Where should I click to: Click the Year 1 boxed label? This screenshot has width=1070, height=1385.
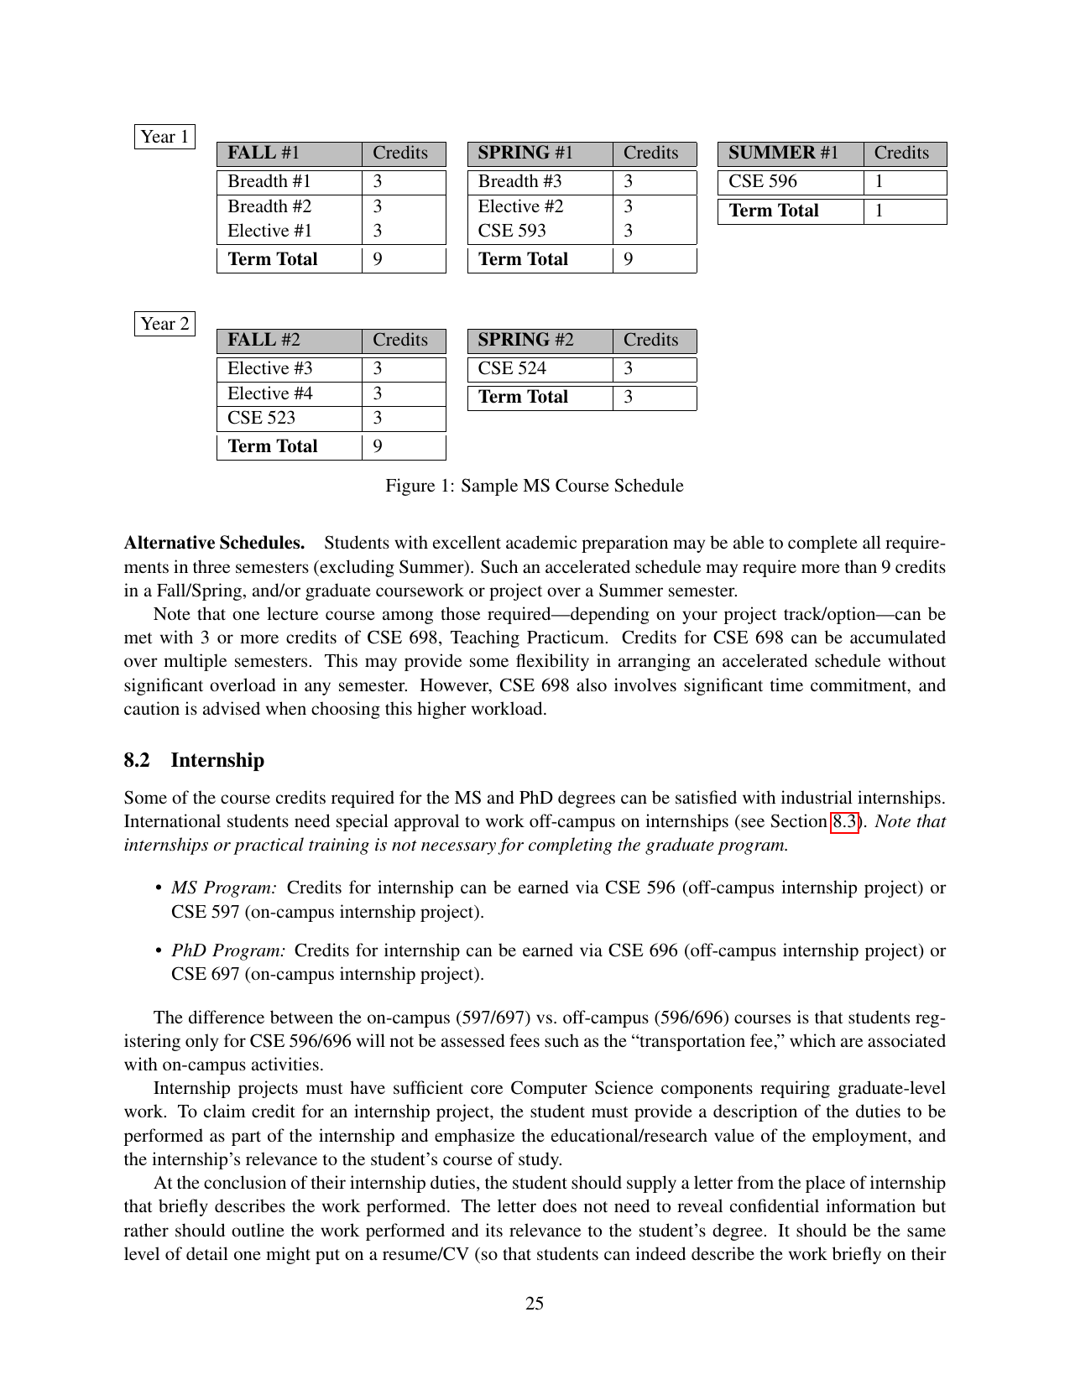point(164,137)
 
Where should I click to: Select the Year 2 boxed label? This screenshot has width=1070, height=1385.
point(164,324)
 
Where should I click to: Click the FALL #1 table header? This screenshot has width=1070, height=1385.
point(264,154)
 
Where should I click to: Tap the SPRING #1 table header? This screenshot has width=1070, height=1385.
point(525,154)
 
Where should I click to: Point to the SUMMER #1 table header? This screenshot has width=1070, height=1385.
point(783,154)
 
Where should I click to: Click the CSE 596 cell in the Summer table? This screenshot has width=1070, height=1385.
point(763,182)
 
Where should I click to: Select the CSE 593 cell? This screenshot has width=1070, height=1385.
point(512,231)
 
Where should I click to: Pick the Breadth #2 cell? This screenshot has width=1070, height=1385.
point(269,206)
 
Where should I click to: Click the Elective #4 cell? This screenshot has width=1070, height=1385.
point(270,393)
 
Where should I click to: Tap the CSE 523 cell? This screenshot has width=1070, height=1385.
point(261,418)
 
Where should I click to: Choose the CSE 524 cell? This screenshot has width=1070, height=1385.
point(512,369)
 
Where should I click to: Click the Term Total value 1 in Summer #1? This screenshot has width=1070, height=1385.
point(879,211)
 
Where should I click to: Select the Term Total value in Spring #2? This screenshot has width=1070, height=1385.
point(629,398)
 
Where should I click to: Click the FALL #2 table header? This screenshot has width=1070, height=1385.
point(264,341)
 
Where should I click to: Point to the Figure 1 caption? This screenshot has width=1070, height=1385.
point(535,486)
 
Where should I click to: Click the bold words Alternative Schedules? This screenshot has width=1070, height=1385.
point(214,543)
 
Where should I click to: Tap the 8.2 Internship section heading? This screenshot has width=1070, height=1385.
point(194,760)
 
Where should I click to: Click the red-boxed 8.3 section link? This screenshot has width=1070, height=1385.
point(846,821)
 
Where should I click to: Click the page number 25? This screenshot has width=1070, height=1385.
point(535,1303)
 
